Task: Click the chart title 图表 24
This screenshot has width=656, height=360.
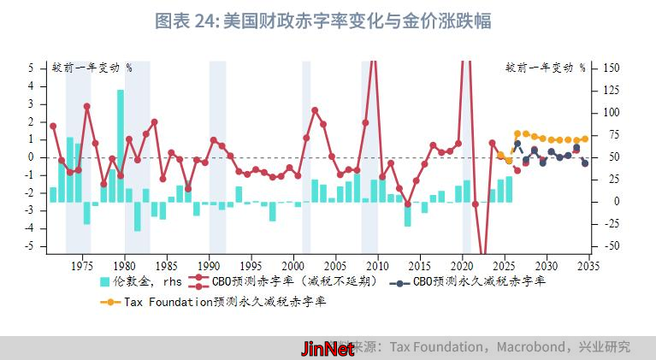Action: [322, 21]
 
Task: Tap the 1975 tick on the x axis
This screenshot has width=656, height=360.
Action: [83, 265]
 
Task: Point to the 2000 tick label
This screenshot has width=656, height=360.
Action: [293, 265]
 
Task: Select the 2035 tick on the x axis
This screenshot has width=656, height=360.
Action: [588, 265]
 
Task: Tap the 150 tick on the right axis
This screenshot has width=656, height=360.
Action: [612, 68]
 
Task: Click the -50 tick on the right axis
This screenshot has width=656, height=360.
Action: [612, 246]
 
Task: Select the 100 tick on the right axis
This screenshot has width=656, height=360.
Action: [612, 112]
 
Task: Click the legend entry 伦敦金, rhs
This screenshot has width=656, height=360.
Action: [143, 280]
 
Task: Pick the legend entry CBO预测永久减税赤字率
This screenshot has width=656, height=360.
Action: [479, 280]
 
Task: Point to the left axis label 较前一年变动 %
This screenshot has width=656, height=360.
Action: [92, 68]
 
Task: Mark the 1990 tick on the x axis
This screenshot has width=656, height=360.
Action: [210, 265]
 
